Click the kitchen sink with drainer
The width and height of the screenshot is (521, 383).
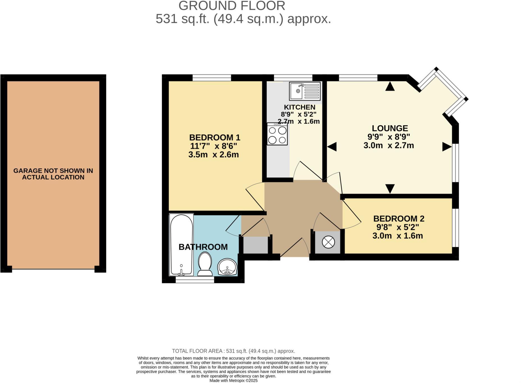coord(305,91)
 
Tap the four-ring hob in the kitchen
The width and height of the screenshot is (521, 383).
coord(277,134)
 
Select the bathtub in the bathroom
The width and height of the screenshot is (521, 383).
coord(181,244)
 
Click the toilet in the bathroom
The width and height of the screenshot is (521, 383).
coord(205,264)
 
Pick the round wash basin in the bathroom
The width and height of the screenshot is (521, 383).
coord(228,267)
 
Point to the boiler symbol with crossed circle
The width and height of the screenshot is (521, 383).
coord(328,242)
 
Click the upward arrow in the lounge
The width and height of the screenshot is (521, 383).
coord(390,86)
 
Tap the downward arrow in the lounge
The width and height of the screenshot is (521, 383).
coord(390,188)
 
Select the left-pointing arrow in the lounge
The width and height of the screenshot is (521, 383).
coord(332,147)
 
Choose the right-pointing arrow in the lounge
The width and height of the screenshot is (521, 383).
coord(447,147)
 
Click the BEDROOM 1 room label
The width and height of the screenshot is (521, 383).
coord(214,137)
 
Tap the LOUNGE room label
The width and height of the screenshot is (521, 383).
coord(390,128)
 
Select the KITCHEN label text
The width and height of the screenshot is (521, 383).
coord(300,107)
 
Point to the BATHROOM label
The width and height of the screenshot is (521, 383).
coord(203,247)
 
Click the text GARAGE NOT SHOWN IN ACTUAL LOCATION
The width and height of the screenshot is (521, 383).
coord(53,174)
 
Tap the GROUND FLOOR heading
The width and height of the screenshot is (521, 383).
coord(232,6)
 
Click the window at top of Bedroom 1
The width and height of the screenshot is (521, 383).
coord(212,77)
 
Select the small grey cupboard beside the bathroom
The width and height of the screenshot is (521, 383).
coord(255,245)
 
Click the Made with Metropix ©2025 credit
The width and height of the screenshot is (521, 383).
coord(233,380)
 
